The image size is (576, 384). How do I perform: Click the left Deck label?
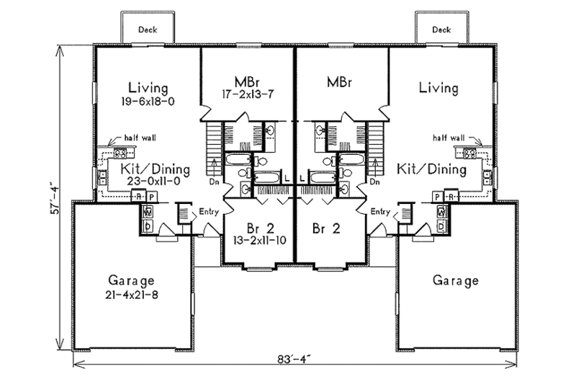[x=147, y=30]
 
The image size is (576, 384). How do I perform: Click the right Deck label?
[x=441, y=30]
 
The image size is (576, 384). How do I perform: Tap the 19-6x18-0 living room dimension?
[x=148, y=102]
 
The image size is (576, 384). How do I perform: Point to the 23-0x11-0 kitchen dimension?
[x=144, y=183]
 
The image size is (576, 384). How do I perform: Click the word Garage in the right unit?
[x=455, y=281]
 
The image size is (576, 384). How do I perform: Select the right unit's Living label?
[x=438, y=89]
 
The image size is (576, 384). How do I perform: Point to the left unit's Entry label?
[x=210, y=211]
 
